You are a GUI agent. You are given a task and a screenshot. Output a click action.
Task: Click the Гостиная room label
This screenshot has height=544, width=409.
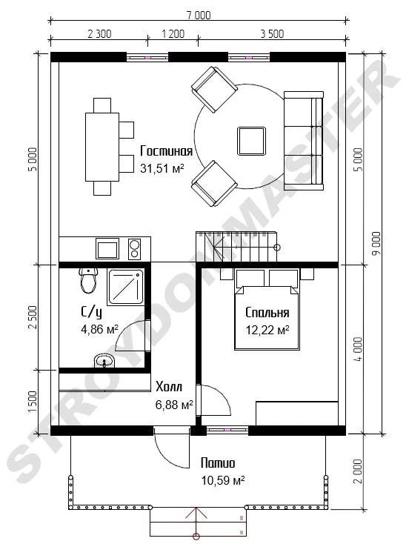coord(166,151)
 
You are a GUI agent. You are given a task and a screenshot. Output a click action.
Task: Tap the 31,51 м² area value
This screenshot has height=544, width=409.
coord(162,168)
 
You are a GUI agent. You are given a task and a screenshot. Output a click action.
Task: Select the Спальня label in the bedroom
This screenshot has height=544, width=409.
coord(267,313)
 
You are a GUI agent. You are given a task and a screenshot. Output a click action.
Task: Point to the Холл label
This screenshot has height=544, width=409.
coord(169,386)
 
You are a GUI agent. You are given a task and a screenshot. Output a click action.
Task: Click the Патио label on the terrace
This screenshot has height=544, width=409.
coord(218,463)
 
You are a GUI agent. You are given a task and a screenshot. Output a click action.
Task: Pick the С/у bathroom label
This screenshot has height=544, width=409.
coord(92,313)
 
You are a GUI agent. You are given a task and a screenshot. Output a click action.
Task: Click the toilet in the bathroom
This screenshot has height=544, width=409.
coord(87,280)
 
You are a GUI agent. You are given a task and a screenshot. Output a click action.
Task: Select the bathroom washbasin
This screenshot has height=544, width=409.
coord(104,361)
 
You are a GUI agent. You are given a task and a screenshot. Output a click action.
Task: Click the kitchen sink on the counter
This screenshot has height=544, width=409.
coord(107,248)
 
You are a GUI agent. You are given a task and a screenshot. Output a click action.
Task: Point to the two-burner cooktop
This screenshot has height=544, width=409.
coord(135,249)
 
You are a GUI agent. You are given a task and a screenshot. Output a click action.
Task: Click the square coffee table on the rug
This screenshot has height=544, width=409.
coord(252,141)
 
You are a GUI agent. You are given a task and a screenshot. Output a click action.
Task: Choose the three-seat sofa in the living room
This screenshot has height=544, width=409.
coord(304,141)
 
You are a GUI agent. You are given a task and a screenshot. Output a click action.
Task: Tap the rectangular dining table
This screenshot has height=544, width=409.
coord(102,147)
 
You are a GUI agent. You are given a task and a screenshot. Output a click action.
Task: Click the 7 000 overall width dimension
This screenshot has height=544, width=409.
coord(199,16)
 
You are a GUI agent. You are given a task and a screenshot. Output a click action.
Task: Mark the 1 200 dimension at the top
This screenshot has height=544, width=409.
coord(173,34)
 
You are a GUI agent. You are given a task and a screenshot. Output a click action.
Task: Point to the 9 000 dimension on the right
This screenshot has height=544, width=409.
coord(376,243)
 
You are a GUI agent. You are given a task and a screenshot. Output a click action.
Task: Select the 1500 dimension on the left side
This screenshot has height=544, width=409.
coord(33,402)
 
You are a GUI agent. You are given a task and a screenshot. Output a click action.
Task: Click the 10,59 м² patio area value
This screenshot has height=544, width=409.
coord(223,480)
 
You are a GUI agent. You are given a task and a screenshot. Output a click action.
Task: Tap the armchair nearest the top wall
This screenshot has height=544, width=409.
coord(214,90)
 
